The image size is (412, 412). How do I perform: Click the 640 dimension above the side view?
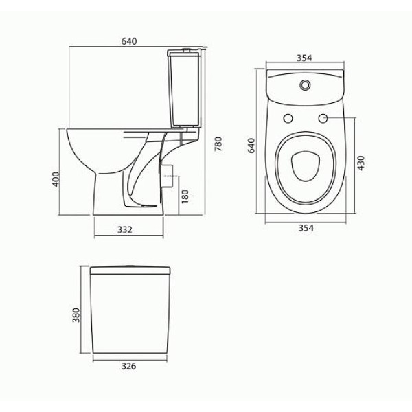(129, 41)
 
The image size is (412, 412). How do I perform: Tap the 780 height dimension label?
(218, 144)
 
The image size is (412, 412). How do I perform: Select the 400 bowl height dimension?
(56, 179)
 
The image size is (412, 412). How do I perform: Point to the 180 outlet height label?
(185, 196)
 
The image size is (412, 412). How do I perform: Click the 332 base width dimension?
(125, 229)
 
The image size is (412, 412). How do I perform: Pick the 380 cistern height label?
(76, 315)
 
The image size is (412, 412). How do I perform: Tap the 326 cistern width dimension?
(129, 366)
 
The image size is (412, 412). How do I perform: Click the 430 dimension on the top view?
(361, 163)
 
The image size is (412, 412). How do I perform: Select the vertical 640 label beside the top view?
(251, 146)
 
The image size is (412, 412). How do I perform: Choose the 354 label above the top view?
(304, 58)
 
